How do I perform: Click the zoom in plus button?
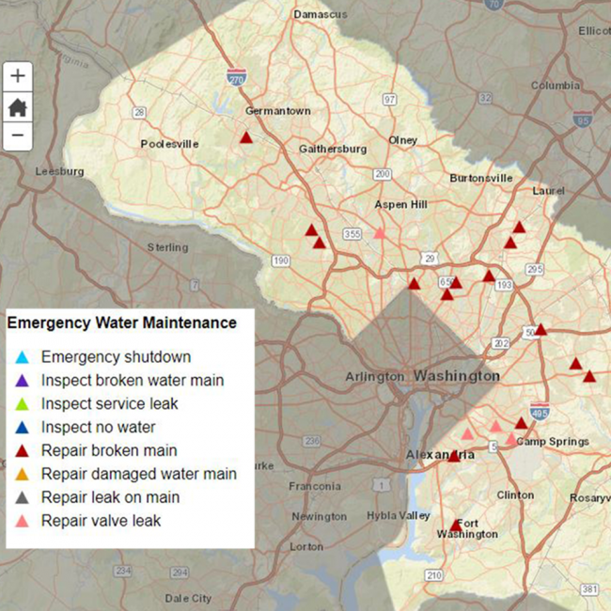pos(17,76)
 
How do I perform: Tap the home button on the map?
pos(17,106)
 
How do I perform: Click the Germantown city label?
pos(277,111)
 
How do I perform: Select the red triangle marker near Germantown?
pos(246,137)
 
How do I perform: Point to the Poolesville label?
pos(169,144)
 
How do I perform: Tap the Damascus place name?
pos(320,14)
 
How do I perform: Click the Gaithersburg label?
pos(332,149)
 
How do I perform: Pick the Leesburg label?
pos(59,171)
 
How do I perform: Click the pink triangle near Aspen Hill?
pos(380,232)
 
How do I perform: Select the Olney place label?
pos(403,140)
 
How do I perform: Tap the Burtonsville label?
pos(480,177)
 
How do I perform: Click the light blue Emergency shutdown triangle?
pos(22,357)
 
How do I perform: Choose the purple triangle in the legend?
pos(22,381)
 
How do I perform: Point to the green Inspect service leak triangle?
pos(22,404)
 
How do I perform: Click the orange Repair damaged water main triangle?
pos(22,474)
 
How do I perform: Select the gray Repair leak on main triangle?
pos(22,497)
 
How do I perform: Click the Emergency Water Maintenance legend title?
pos(121,322)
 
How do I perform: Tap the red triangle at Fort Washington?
pos(457,525)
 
